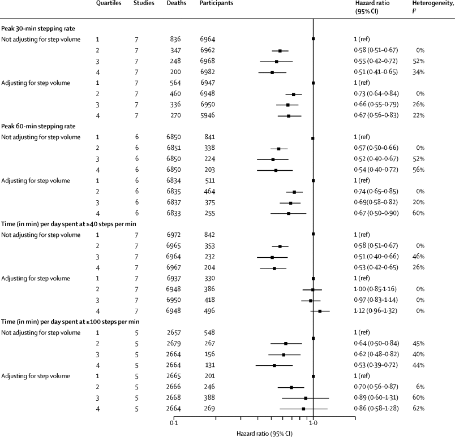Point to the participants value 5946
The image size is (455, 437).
point(207,115)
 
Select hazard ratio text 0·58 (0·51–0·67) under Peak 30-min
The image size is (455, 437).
point(375,50)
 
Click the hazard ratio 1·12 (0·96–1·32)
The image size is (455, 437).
point(375,311)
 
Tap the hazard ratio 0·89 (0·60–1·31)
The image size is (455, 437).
point(375,398)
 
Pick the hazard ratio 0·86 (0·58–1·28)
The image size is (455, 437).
point(375,409)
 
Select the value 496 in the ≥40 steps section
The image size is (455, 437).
point(207,311)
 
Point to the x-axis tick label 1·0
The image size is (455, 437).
point(313,423)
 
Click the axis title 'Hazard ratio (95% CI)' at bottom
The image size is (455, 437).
point(265,432)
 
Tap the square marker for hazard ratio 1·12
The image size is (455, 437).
point(320,311)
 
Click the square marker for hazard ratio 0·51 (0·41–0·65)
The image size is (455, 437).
point(272,72)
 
